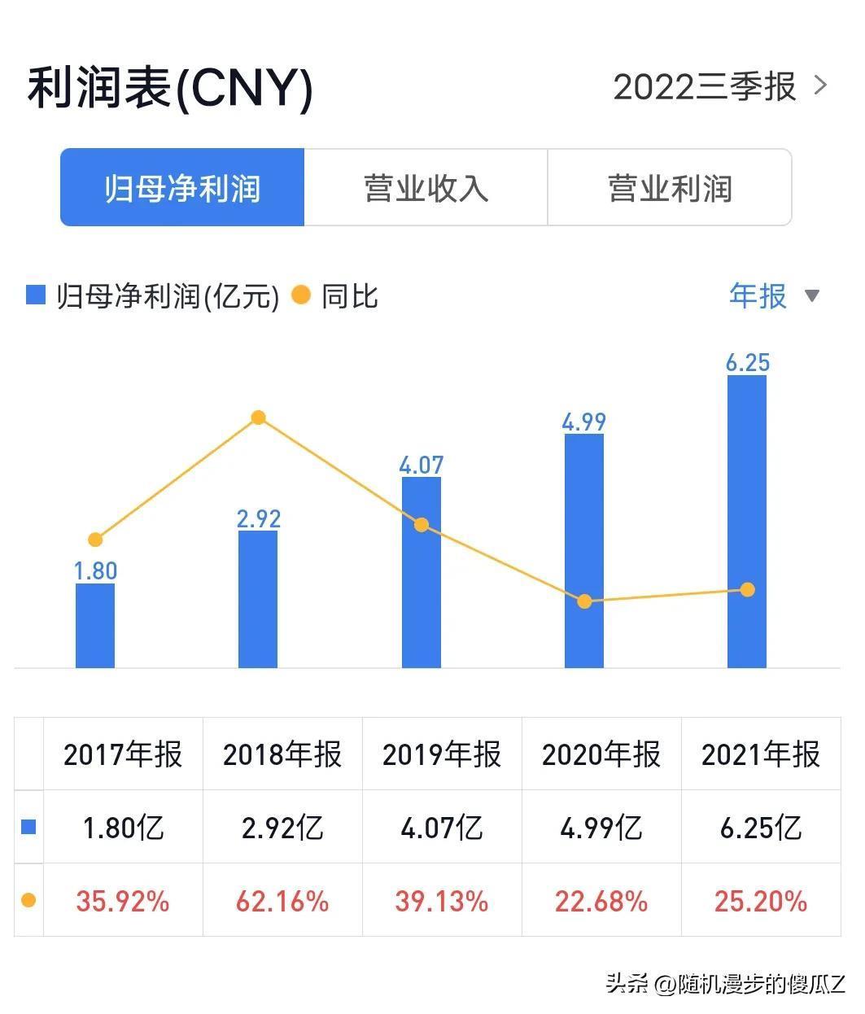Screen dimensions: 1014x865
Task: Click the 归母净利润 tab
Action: pyautogui.click(x=182, y=188)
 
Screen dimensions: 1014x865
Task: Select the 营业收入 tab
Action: pyautogui.click(x=426, y=188)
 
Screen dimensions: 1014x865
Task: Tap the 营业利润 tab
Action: pyautogui.click(x=670, y=188)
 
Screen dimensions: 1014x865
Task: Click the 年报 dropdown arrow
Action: pyautogui.click(x=811, y=295)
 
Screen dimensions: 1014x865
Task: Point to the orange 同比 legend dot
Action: pyautogui.click(x=301, y=295)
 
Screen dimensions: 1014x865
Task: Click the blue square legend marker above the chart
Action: pyautogui.click(x=36, y=295)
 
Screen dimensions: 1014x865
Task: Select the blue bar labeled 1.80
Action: pyautogui.click(x=95, y=625)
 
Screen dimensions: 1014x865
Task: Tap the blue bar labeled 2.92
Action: pyautogui.click(x=258, y=599)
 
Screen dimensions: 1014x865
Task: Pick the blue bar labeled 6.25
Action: pyautogui.click(x=747, y=521)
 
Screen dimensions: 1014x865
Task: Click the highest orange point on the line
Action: pyautogui.click(x=258, y=417)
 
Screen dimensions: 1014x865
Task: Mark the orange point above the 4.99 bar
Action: pyautogui.click(x=584, y=601)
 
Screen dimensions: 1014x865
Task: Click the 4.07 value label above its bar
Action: pyautogui.click(x=421, y=465)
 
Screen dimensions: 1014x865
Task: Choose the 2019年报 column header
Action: pyautogui.click(x=442, y=754)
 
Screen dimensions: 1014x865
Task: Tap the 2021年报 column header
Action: pyautogui.click(x=761, y=754)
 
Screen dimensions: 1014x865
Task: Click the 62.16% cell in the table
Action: pyautogui.click(x=282, y=901)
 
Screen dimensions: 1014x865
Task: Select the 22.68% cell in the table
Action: pyautogui.click(x=601, y=901)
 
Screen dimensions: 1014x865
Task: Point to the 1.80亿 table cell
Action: pyautogui.click(x=123, y=828)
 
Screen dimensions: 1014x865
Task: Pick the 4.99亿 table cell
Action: pyautogui.click(x=601, y=828)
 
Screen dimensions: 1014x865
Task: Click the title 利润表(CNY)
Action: pyautogui.click(x=170, y=88)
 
